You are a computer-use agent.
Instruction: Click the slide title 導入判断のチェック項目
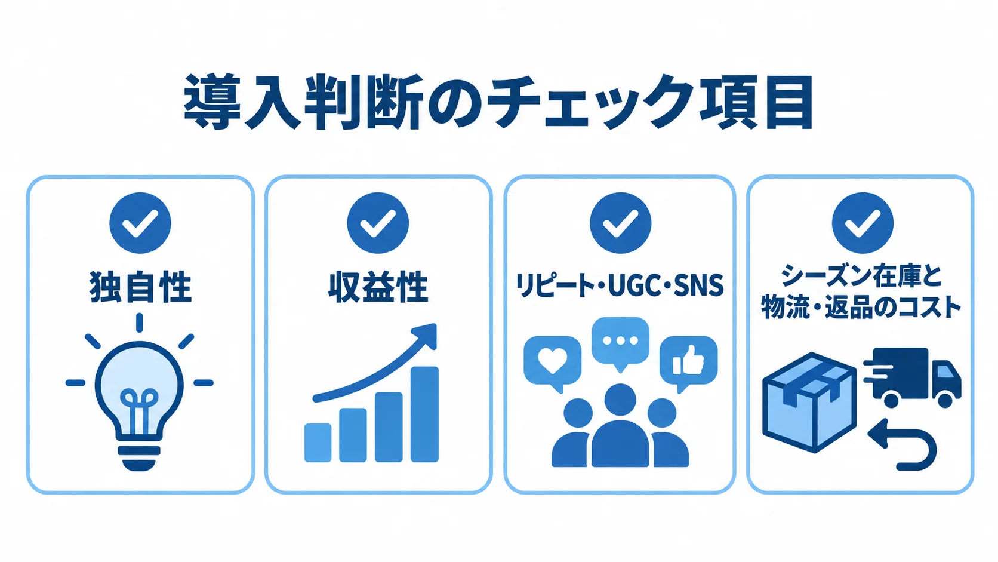coord(498,102)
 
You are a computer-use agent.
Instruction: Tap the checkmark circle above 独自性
coord(140,223)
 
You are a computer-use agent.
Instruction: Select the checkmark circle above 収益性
coord(378,223)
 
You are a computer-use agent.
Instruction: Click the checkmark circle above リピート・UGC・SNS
coord(620,223)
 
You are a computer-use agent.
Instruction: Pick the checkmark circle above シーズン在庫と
coord(863,223)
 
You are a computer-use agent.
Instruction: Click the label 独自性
coord(140,287)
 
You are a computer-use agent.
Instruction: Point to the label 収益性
coord(378,287)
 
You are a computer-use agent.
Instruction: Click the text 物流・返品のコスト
coord(861,307)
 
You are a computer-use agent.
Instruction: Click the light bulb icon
coord(140,392)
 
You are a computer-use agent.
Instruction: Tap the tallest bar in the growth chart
coord(424,414)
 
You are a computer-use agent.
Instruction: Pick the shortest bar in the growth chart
coord(318,443)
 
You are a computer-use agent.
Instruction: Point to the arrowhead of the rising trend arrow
coord(427,335)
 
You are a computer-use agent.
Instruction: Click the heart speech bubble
coord(553,363)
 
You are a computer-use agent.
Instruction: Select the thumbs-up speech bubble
coord(688,363)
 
